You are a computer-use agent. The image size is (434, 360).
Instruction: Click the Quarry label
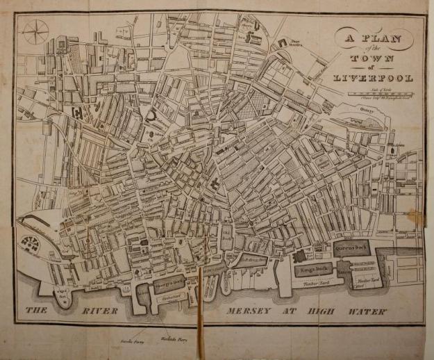(367, 108)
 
